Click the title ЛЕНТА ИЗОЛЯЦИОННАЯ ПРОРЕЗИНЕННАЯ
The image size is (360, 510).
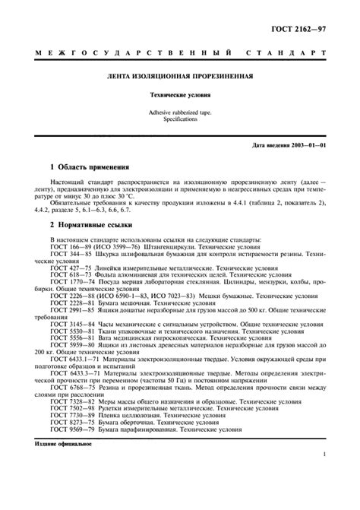pos(180,78)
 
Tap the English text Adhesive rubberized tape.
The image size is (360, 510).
pos(180,112)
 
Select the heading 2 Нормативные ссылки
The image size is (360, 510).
pos(91,226)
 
